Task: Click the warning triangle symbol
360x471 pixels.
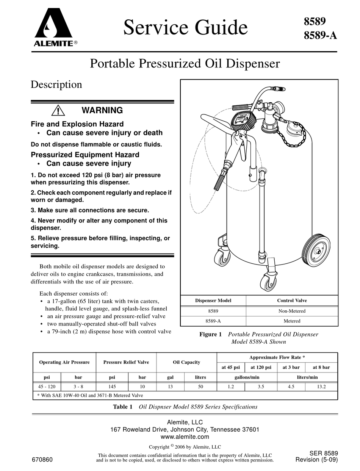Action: (58, 110)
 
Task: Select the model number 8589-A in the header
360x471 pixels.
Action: (320, 36)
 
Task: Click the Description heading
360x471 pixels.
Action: (56, 84)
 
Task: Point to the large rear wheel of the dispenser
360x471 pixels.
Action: (317, 250)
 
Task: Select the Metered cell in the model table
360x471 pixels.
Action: (292, 321)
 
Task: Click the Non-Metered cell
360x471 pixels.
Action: (292, 311)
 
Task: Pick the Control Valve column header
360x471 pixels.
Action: (292, 300)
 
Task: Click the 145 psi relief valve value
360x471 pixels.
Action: (112, 387)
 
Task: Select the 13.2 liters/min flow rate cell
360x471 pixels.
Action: (321, 387)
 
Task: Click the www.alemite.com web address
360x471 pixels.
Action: (185, 437)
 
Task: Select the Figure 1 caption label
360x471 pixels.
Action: (210, 334)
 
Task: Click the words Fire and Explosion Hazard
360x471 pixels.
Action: (77, 124)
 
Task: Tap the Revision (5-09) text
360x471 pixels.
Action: (316, 460)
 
